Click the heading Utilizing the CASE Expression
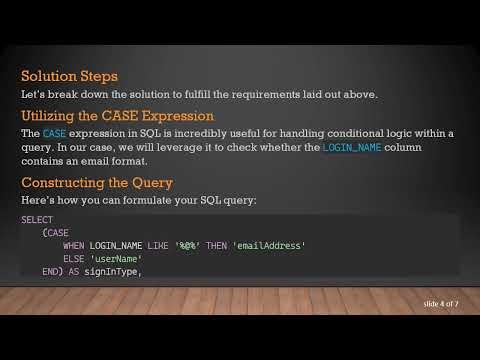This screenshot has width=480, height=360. click(x=117, y=115)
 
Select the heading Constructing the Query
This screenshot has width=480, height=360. click(x=97, y=182)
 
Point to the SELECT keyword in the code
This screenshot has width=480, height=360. click(x=37, y=219)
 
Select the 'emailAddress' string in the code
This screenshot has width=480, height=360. click(x=269, y=245)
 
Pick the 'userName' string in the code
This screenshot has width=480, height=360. click(x=119, y=258)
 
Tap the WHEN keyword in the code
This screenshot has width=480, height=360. click(x=74, y=245)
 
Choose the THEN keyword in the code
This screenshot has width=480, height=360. click(x=217, y=245)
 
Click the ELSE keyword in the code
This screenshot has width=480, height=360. click(x=74, y=258)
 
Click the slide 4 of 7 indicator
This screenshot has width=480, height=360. click(x=440, y=302)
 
